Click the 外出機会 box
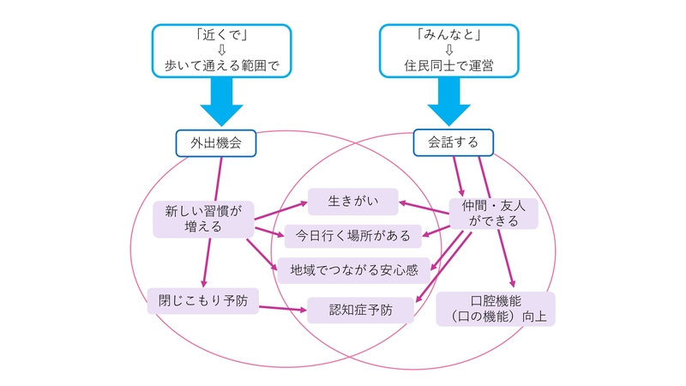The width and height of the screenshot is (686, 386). coord(217,143)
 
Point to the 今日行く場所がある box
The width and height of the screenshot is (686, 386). coord(353,235)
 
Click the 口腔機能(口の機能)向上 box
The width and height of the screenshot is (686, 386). coord(496,309)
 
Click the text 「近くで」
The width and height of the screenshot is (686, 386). coord(222,33)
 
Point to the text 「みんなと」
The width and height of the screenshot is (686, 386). coord(448,33)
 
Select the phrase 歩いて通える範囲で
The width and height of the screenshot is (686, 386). coord(222,63)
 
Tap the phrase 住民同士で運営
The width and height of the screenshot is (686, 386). coord(448,63)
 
